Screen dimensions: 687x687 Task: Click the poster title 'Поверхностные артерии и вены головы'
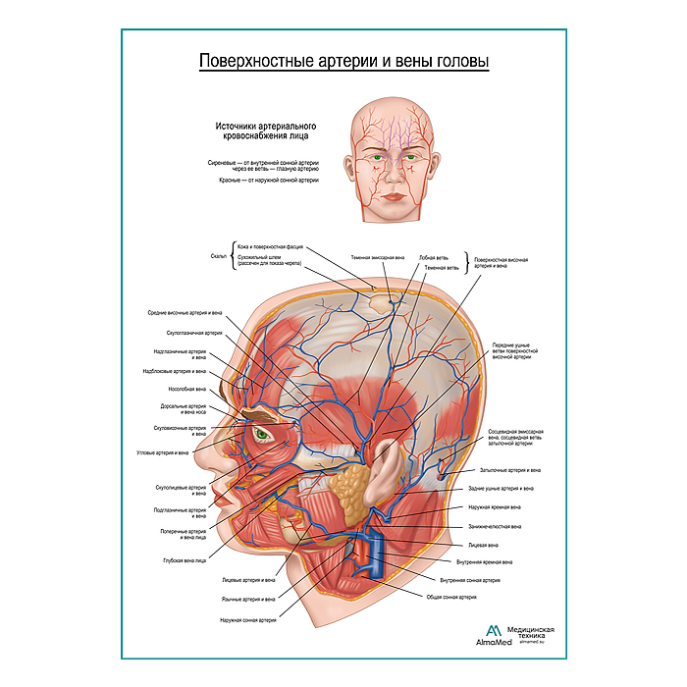point(343,61)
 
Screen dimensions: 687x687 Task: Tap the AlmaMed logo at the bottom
point(493,635)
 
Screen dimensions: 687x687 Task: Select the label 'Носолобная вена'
point(181,389)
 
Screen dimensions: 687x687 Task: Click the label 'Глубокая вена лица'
point(185,560)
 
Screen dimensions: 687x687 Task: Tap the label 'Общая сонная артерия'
point(454,597)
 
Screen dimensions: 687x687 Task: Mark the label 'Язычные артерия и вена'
point(248,598)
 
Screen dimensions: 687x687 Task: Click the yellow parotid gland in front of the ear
point(348,488)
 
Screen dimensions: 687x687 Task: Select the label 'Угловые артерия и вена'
point(162,453)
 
